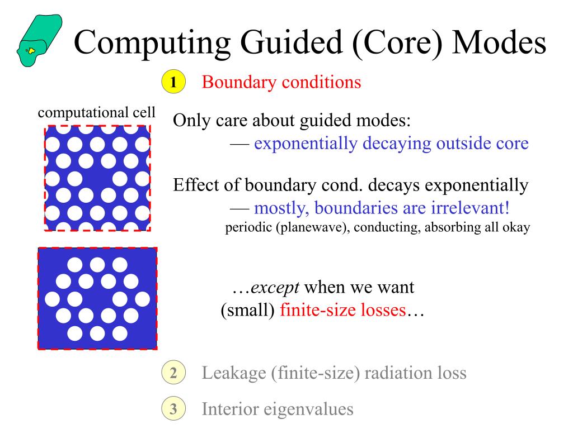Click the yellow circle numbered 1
(x=173, y=83)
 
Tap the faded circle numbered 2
(x=173, y=373)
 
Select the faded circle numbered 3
(x=173, y=409)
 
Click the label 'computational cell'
(x=96, y=112)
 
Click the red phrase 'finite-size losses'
(x=342, y=310)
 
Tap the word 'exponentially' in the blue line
(x=306, y=144)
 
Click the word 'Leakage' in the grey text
(x=234, y=373)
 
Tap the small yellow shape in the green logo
(x=31, y=51)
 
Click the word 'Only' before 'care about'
(x=191, y=121)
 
